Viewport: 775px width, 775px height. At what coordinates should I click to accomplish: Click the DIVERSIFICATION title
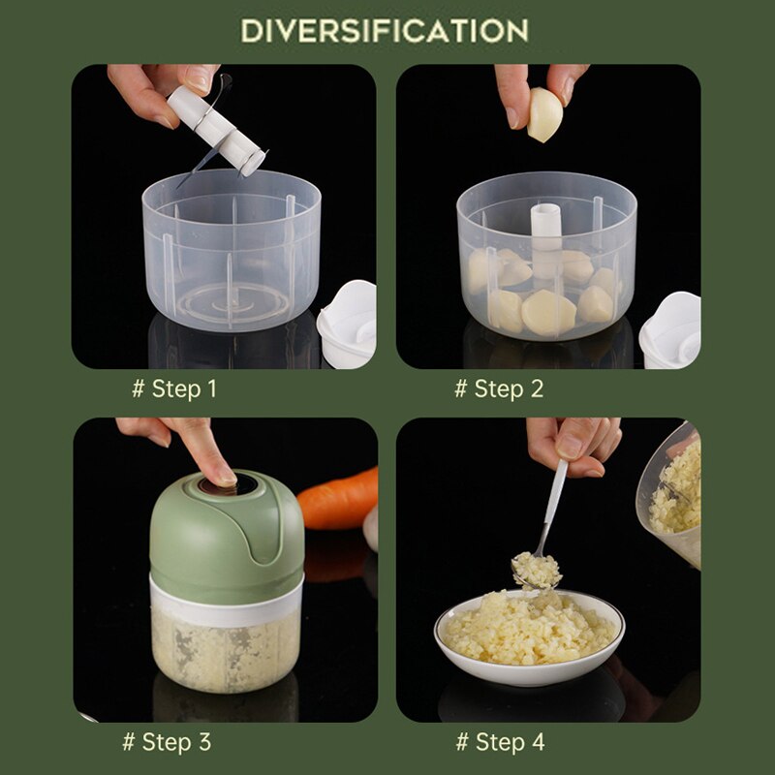(x=385, y=30)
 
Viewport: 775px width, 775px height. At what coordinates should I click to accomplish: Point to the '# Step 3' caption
(x=167, y=742)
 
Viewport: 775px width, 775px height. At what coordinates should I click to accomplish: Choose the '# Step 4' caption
(x=500, y=742)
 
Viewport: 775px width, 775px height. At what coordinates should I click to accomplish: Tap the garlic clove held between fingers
(x=543, y=114)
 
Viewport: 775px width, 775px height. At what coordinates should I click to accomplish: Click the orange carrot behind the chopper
(x=338, y=499)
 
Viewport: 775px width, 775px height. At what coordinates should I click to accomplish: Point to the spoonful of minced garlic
(x=536, y=570)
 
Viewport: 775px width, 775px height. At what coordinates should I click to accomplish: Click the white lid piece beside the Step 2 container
(x=670, y=329)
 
